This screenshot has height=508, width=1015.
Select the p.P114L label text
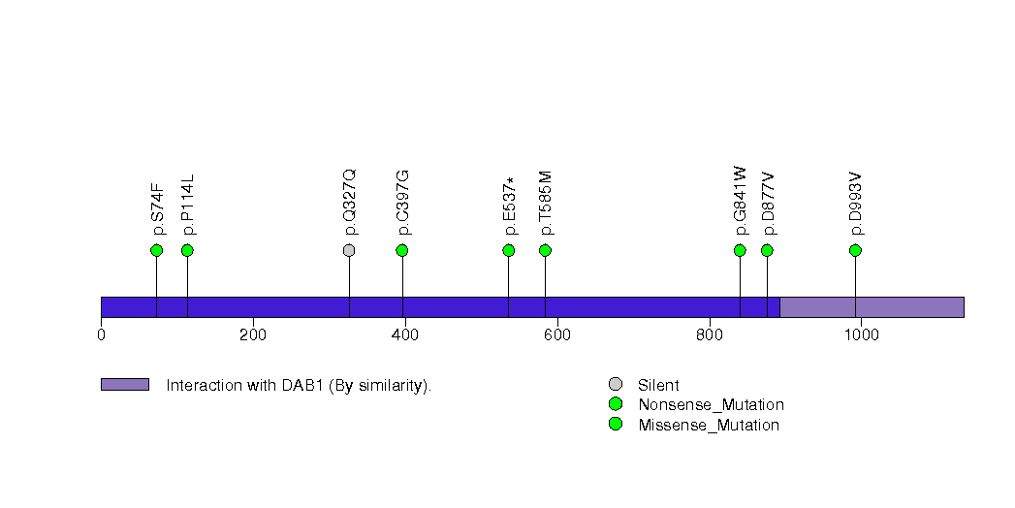tap(188, 205)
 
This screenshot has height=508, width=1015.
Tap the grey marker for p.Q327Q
tap(349, 250)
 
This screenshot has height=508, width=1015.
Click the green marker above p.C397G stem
tap(402, 250)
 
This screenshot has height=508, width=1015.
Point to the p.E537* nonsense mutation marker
tap(509, 250)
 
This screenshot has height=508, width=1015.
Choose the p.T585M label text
tap(546, 204)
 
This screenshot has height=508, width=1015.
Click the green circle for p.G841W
tap(740, 250)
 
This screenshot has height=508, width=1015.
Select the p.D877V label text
tap(768, 204)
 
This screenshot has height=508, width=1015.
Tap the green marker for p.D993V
tap(855, 250)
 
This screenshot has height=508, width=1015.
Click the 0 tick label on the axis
tap(101, 334)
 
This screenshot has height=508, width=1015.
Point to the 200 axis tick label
tap(253, 334)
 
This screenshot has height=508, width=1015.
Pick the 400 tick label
tap(405, 334)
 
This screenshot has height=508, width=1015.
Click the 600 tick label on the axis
tap(556, 334)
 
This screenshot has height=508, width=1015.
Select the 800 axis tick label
tap(709, 334)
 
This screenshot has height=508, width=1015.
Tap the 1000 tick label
tap(861, 334)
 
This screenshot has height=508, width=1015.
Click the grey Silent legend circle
tap(615, 385)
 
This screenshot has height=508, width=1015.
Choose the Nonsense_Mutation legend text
tap(711, 404)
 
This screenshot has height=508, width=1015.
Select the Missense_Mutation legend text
tap(709, 425)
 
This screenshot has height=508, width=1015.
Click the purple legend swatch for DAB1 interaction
tap(124, 385)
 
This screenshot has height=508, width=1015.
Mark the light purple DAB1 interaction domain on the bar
tap(872, 307)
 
